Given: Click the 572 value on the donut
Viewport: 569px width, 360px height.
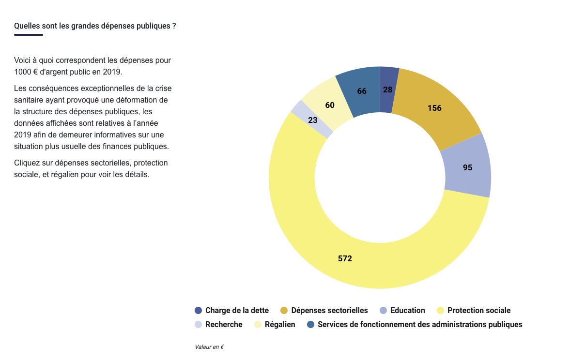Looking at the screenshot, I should click(345, 258).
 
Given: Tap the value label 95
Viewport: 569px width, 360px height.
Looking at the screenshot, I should click(467, 168).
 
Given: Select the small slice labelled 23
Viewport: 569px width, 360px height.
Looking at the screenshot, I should click(313, 120).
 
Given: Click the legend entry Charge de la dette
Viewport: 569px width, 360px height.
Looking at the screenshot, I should click(237, 311).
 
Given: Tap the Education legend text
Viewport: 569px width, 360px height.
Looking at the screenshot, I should click(408, 311).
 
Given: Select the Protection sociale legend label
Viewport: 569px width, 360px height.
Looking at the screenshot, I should click(479, 311).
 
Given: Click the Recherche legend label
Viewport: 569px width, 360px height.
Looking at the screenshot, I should click(224, 325).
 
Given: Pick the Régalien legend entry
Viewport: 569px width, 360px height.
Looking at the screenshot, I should click(280, 325).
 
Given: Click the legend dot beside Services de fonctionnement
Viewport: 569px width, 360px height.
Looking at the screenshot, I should click(311, 325).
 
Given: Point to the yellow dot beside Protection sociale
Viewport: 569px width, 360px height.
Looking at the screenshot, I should click(441, 311).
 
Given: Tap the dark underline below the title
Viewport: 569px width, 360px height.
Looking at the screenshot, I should click(29, 35).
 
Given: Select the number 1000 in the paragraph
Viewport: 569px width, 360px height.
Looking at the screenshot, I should click(23, 72).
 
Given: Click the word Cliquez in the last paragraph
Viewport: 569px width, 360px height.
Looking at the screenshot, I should click(27, 163).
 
